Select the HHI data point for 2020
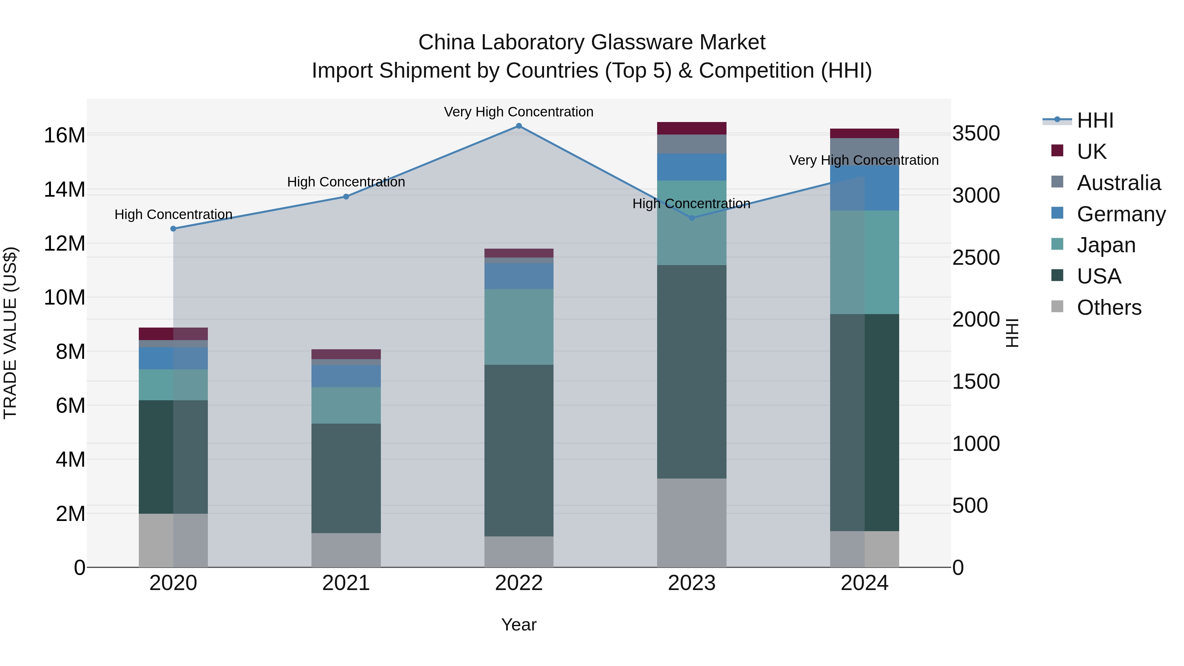click(173, 229)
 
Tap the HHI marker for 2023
click(692, 218)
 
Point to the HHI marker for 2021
click(346, 196)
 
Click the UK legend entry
click(1091, 152)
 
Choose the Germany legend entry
click(1121, 214)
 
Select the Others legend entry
click(1109, 308)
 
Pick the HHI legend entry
click(1095, 120)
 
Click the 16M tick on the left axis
click(64, 135)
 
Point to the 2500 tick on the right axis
click(976, 258)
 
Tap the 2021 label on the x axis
click(346, 583)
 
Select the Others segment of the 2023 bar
click(692, 523)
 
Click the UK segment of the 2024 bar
click(864, 133)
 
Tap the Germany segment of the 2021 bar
click(346, 376)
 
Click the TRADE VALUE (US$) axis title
click(10, 333)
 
